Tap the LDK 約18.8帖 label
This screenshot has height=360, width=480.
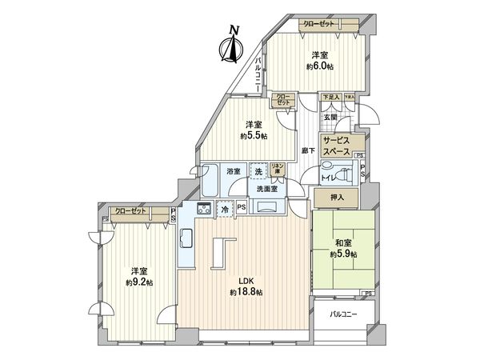242,286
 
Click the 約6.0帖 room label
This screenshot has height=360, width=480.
318,61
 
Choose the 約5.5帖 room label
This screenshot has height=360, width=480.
254,130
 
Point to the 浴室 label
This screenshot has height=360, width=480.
234,172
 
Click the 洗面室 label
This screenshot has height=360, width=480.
267,189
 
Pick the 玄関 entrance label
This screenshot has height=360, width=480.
330,118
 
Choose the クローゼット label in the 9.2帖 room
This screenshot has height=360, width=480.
130,211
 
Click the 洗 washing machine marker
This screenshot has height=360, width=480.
258,171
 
